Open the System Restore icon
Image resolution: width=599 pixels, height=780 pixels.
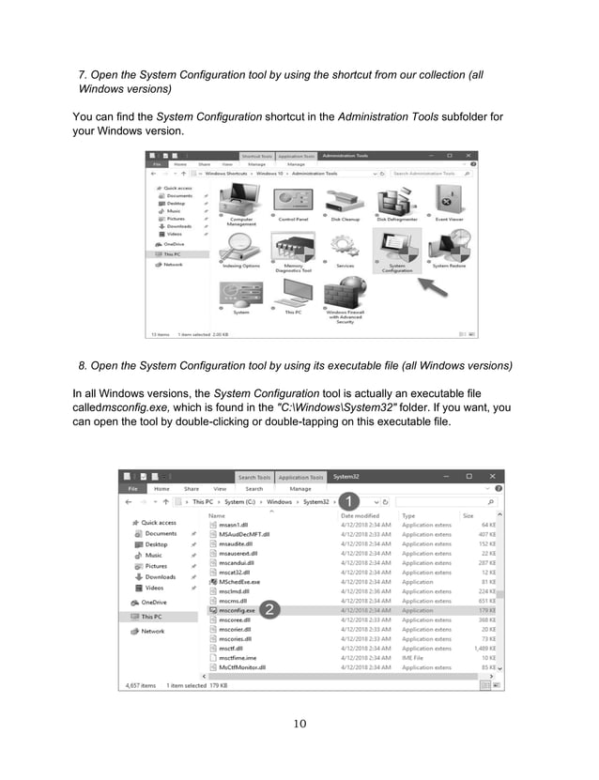coord(448,247)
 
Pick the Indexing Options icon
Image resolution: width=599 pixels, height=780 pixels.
coord(241,246)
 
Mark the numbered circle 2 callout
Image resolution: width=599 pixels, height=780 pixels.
coord(269,610)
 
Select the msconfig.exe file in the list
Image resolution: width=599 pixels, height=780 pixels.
coord(237,610)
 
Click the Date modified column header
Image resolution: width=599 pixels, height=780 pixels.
coord(360,515)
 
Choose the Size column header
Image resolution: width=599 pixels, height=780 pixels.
coord(468,515)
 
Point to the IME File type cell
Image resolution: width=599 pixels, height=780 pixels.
coord(415,658)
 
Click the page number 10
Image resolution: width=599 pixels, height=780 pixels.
coord(299,723)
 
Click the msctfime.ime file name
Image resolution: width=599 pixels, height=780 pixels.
coord(238,658)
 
